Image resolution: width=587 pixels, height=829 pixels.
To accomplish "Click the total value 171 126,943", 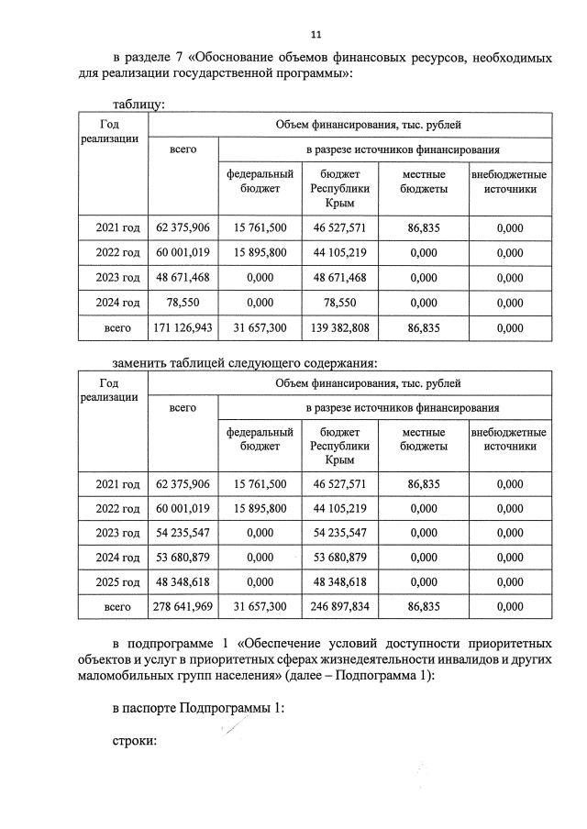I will (183, 326).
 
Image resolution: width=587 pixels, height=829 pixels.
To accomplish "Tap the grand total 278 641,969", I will (183, 605).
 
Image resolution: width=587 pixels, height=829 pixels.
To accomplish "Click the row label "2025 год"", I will (117, 581).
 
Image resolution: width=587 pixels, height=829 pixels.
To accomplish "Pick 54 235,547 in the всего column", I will (183, 532).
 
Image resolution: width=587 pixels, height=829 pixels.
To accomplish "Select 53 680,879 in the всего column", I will (183, 557).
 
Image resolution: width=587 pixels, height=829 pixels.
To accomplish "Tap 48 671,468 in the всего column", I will (183, 277).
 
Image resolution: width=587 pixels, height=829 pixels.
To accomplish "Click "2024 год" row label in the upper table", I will (117, 302).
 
